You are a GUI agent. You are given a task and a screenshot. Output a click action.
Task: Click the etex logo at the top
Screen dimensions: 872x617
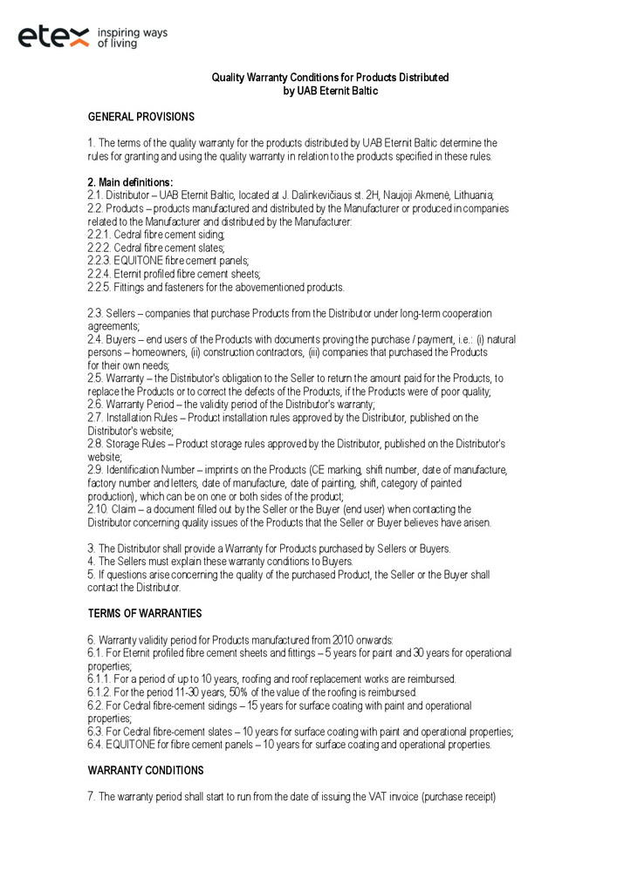(53, 37)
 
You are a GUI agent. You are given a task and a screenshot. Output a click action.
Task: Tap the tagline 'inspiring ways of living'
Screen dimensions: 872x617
(132, 37)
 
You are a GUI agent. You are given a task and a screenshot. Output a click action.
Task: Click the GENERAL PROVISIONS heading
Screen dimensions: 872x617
(141, 117)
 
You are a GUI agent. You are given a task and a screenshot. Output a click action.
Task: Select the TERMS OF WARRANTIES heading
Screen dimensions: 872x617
(145, 614)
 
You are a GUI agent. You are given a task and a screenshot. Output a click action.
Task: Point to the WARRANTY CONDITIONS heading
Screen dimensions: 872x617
(146, 771)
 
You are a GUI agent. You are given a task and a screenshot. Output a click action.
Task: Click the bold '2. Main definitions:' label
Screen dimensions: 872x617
(130, 182)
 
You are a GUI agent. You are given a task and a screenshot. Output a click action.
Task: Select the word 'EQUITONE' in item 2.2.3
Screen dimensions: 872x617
(142, 261)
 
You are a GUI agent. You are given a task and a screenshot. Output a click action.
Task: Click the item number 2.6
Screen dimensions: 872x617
(95, 405)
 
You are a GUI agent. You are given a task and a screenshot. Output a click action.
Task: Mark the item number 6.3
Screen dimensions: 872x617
(95, 732)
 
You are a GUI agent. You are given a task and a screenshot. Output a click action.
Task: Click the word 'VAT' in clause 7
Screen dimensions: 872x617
(392, 797)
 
